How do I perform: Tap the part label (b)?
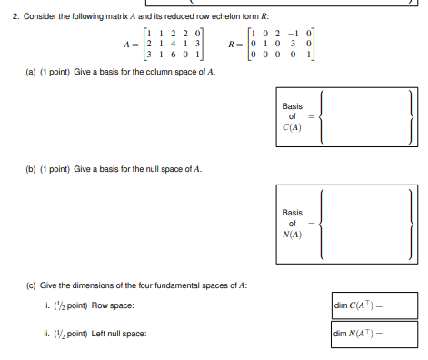click(x=15, y=169)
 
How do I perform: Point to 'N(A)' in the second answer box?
click(x=292, y=234)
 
